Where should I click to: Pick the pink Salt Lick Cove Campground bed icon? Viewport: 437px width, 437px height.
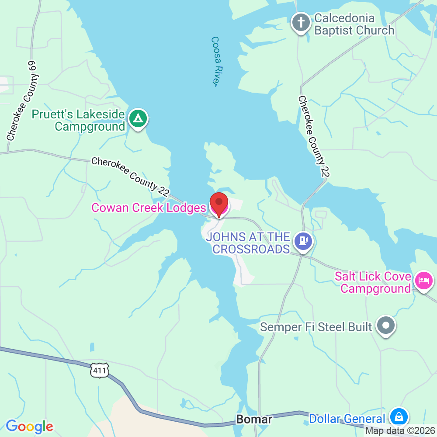click(423, 281)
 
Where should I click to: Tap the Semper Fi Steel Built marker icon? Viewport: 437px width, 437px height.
click(386, 326)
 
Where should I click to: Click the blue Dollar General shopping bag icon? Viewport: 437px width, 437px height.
click(399, 417)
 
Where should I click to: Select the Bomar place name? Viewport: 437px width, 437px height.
click(254, 420)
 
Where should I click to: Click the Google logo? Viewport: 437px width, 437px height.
click(29, 426)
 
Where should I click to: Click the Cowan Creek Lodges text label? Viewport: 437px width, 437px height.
click(148, 208)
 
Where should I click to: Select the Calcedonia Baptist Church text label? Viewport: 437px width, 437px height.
click(354, 24)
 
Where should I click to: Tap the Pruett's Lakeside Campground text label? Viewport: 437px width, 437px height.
click(79, 121)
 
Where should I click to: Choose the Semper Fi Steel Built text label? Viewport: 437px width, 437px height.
click(316, 327)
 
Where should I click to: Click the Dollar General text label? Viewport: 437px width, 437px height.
click(347, 419)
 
